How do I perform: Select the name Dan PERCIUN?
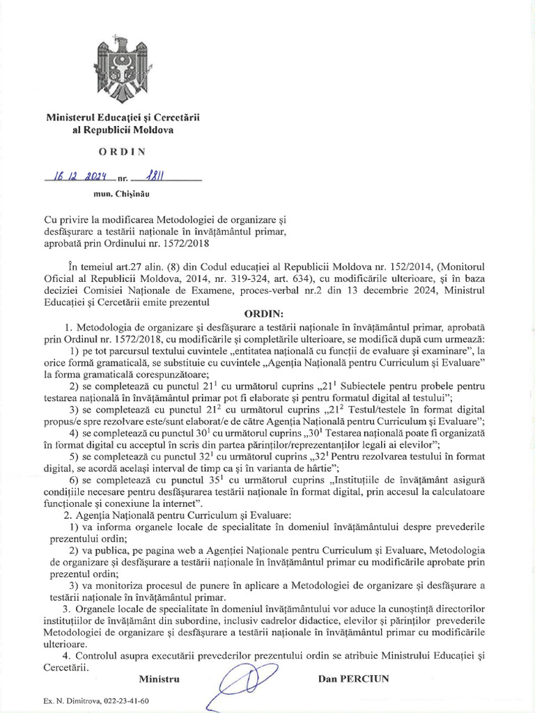tap(354, 677)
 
